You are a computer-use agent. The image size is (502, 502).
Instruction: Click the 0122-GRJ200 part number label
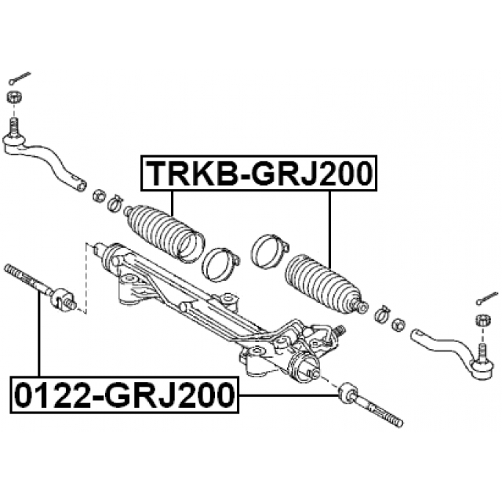point(123,394)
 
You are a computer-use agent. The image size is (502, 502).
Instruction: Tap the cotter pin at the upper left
point(19,78)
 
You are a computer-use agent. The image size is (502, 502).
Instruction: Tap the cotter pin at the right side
point(486,298)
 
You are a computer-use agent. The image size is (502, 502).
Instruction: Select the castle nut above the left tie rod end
point(13,97)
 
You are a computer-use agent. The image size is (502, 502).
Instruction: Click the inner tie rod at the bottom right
point(369,403)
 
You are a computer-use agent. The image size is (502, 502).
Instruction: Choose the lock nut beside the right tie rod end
point(397,322)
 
